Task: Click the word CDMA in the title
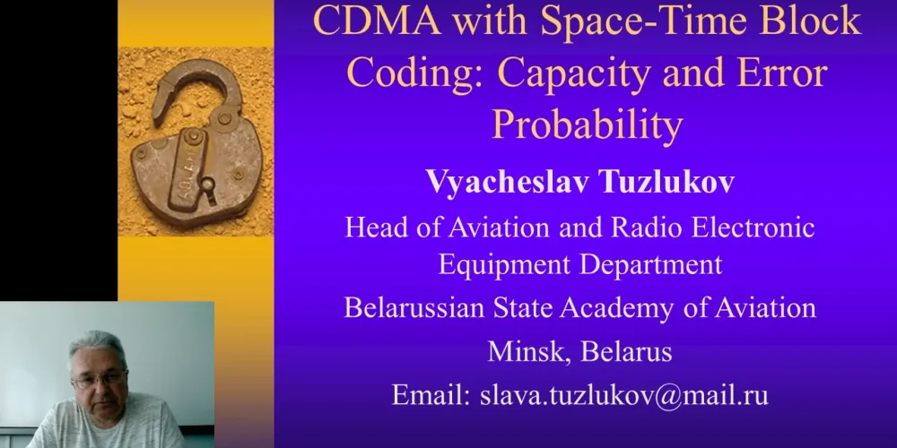pyautogui.click(x=377, y=22)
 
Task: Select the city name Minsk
pyautogui.click(x=528, y=352)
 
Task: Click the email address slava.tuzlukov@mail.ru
pyautogui.click(x=624, y=395)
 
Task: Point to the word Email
pyautogui.click(x=432, y=395)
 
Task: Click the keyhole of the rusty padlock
pyautogui.click(x=209, y=188)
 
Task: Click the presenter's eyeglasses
pyautogui.click(x=99, y=378)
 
